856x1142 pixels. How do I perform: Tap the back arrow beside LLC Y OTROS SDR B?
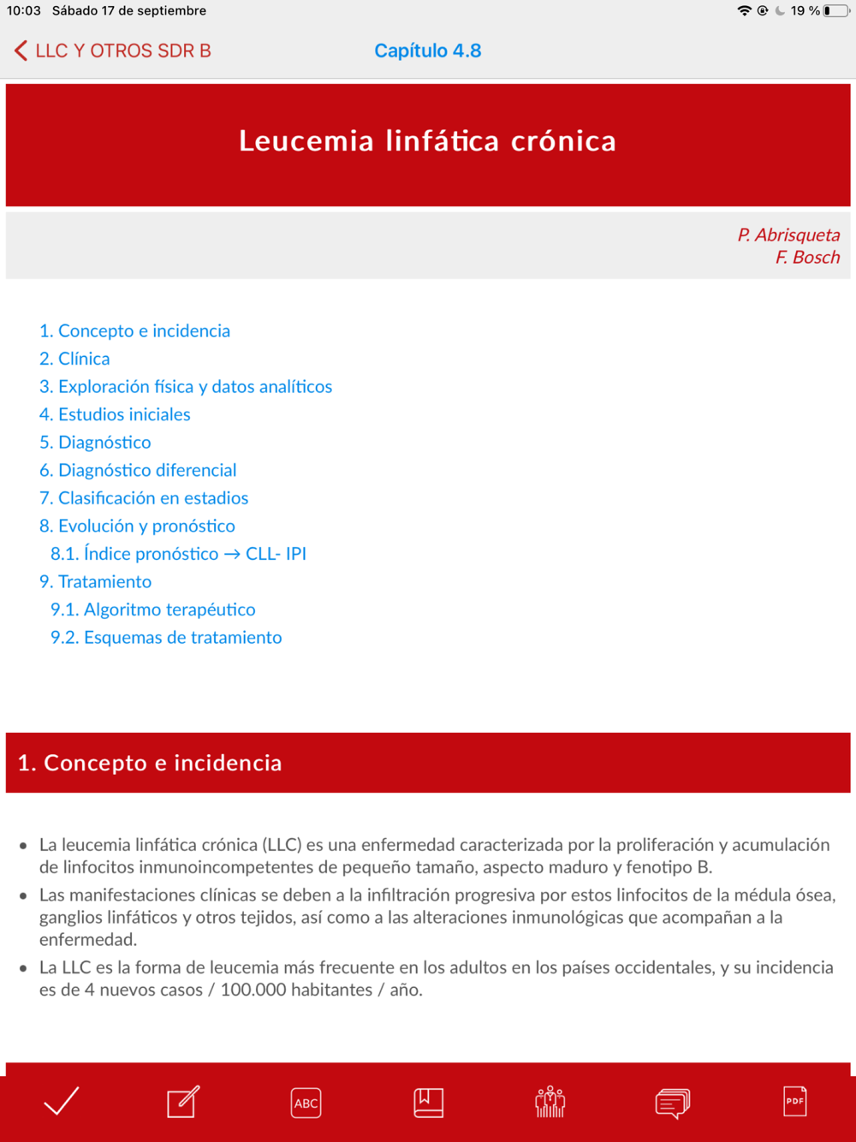(21, 51)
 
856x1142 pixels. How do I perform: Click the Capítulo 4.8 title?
(427, 51)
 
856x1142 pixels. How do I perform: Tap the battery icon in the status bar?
(836, 11)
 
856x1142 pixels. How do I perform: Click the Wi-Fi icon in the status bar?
(744, 11)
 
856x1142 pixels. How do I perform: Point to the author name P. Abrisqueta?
(788, 235)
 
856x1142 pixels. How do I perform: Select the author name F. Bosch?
(807, 257)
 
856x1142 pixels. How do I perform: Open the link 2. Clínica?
(74, 359)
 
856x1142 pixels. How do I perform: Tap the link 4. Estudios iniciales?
(115, 414)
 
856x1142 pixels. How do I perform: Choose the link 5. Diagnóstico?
(95, 443)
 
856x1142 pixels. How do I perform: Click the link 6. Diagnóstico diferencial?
(138, 470)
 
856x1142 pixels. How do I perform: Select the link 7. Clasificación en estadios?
(144, 498)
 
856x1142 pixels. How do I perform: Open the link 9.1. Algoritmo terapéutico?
(152, 610)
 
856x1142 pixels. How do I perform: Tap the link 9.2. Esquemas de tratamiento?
(166, 638)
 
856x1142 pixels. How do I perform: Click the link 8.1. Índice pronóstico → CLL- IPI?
(178, 554)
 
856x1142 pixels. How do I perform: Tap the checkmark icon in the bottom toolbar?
(61, 1102)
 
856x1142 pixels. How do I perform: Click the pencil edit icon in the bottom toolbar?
(183, 1102)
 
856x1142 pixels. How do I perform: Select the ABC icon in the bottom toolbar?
(306, 1103)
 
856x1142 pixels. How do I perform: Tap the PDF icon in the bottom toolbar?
(794, 1101)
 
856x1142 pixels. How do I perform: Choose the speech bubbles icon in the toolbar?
(673, 1103)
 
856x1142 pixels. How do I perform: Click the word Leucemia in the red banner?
(306, 141)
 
